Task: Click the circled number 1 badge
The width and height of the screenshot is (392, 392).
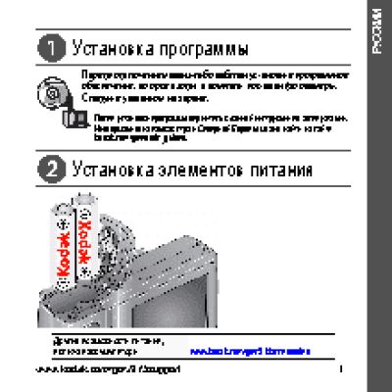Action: coord(47,46)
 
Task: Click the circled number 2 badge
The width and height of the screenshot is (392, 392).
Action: coord(47,169)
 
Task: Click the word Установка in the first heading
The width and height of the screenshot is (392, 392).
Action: coord(106,47)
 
